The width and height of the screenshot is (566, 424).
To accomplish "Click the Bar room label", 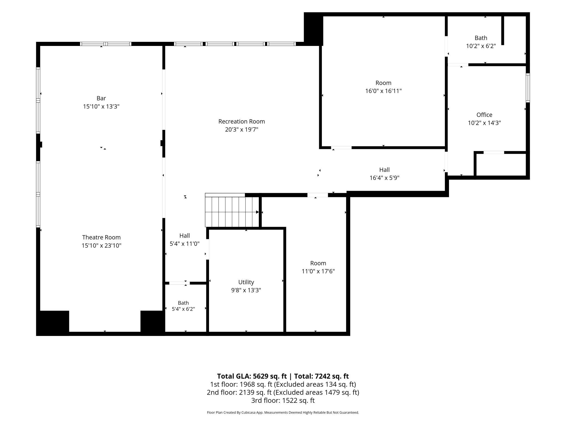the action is pyautogui.click(x=101, y=98).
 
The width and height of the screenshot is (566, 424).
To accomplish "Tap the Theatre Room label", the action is pyautogui.click(x=101, y=237).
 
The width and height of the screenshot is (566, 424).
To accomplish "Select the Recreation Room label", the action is pyautogui.click(x=242, y=121).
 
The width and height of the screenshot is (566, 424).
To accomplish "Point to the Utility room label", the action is pyautogui.click(x=246, y=282).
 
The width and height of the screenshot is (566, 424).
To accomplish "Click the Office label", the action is pyautogui.click(x=484, y=115).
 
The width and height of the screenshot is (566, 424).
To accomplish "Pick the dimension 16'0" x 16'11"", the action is pyautogui.click(x=383, y=91).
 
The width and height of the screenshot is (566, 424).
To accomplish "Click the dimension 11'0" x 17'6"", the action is pyautogui.click(x=318, y=271).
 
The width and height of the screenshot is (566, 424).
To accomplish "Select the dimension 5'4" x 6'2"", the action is pyautogui.click(x=183, y=309).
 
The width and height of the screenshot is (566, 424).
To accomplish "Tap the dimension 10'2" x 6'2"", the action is pyautogui.click(x=481, y=46).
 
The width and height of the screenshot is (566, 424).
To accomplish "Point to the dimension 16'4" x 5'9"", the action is pyautogui.click(x=384, y=178).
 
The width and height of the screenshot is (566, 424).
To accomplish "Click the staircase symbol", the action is pyautogui.click(x=232, y=210).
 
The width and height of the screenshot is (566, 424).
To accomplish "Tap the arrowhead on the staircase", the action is pyautogui.click(x=257, y=212).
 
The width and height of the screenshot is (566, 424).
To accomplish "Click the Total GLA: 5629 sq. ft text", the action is pyautogui.click(x=252, y=376).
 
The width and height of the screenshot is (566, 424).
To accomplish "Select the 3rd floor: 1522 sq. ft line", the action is pyautogui.click(x=283, y=400).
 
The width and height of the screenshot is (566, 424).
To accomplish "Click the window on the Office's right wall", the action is pyautogui.click(x=528, y=88).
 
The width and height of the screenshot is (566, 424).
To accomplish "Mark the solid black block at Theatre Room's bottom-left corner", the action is pyautogui.click(x=53, y=323).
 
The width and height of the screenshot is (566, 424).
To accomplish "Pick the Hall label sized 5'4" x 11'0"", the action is pyautogui.click(x=184, y=236).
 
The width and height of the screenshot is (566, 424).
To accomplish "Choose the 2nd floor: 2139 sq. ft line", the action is pyautogui.click(x=283, y=392).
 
